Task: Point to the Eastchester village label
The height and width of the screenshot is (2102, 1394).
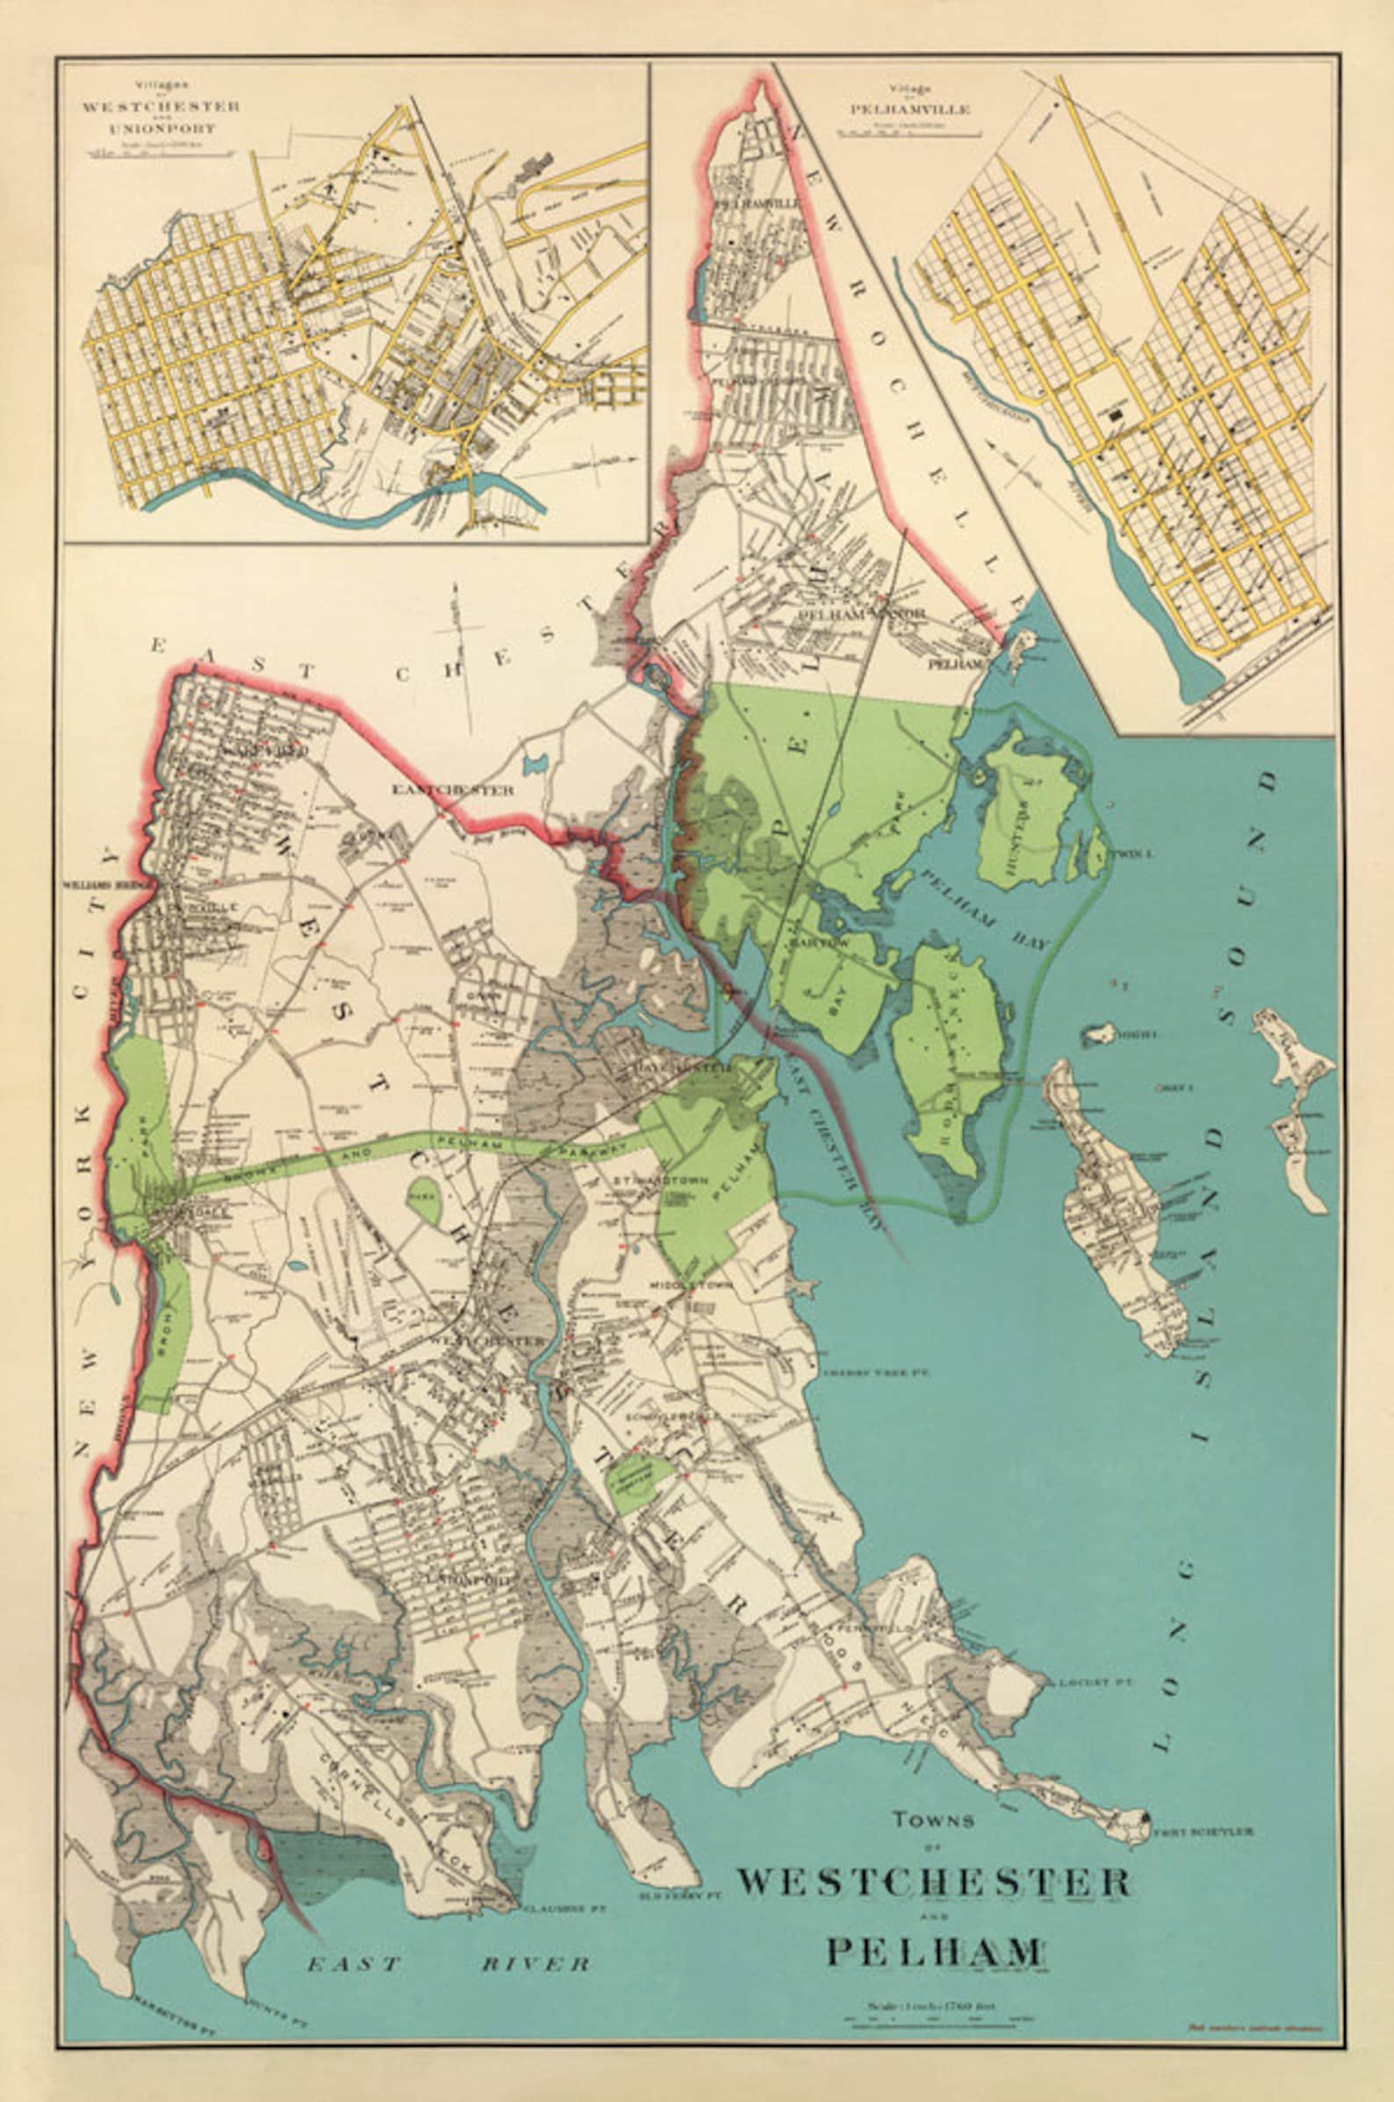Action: click(454, 789)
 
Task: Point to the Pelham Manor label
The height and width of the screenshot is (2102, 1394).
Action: click(863, 615)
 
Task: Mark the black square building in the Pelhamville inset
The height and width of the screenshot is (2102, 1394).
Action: click(1116, 413)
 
